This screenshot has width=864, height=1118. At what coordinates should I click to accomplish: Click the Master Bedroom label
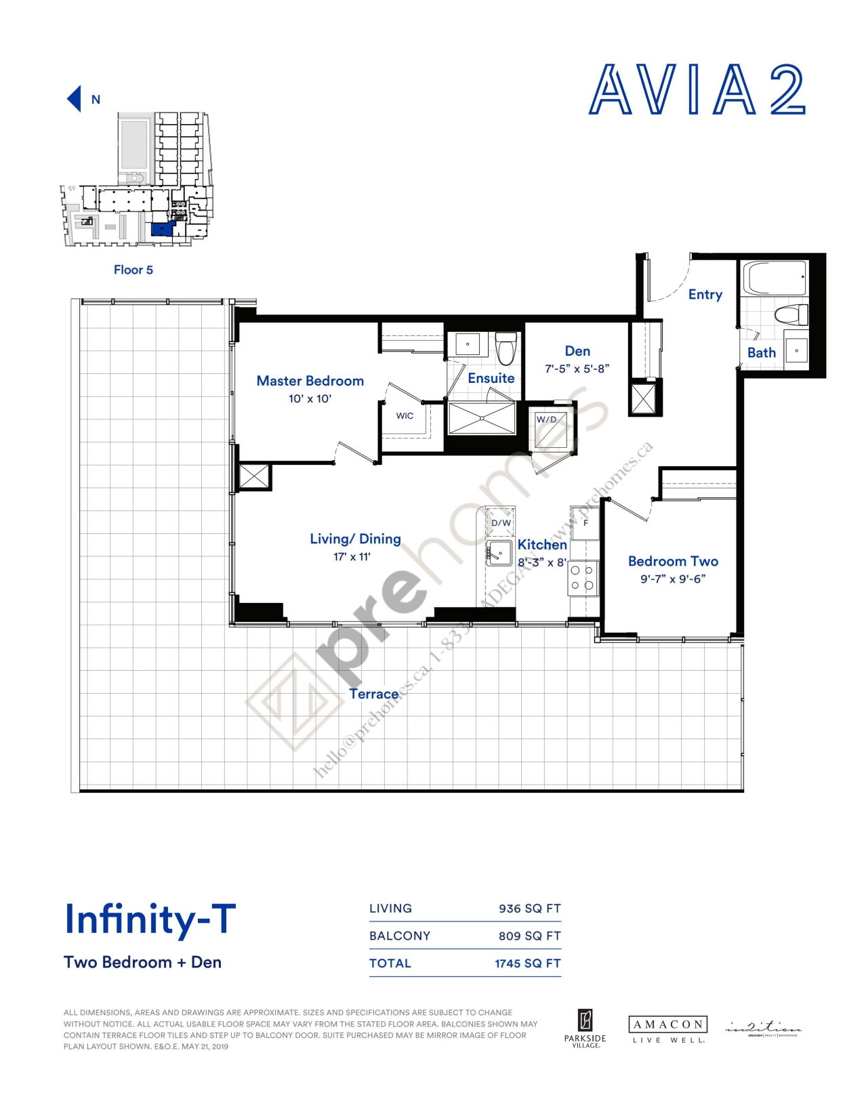coord(310,381)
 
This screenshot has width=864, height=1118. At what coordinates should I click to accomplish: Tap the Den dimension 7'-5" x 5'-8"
coord(577,369)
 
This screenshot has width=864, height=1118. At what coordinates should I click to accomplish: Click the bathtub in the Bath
coord(775,278)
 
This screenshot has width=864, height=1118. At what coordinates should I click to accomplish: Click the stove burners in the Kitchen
coord(582,578)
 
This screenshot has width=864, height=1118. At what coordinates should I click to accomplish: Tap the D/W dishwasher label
coord(501,522)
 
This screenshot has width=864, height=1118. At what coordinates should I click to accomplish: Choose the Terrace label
coord(373,694)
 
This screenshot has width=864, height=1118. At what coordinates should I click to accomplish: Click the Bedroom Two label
coord(672,561)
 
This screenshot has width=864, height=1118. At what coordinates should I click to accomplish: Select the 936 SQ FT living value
coord(529,909)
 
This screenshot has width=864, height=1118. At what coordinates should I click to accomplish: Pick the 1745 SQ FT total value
coord(527,964)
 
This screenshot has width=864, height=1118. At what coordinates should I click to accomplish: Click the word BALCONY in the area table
coord(400,936)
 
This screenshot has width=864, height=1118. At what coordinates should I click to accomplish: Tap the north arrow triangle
coord(75,99)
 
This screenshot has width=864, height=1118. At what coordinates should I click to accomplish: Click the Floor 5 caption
coord(133,270)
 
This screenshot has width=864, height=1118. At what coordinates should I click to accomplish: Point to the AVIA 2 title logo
coord(697,90)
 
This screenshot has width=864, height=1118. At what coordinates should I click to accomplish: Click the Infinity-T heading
coord(150,919)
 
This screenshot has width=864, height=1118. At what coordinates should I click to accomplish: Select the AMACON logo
coord(667,1029)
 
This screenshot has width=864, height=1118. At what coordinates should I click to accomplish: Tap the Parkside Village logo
coord(585,1029)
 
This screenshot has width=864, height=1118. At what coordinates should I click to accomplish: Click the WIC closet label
coord(405,416)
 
